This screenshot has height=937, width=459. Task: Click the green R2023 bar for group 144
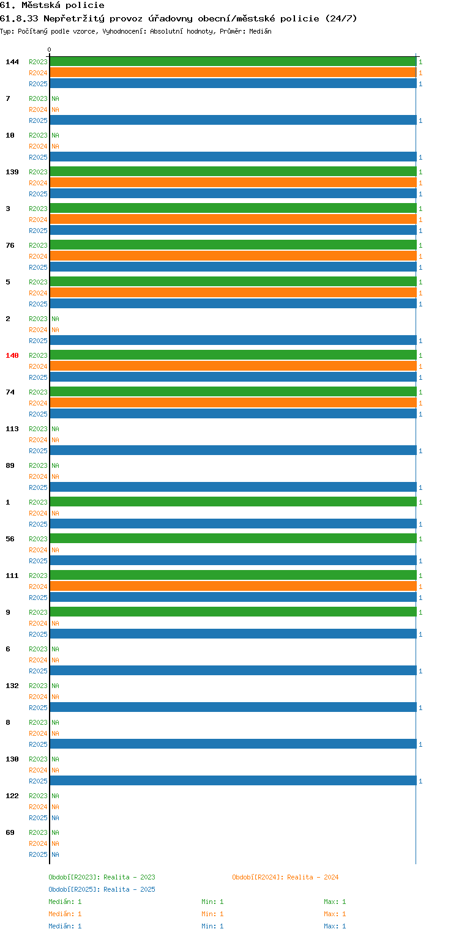[233, 62]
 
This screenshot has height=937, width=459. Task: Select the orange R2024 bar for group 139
[233, 183]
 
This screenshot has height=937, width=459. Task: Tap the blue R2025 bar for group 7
[233, 120]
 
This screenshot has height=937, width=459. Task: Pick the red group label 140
[12, 355]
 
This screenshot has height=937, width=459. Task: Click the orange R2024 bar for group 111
[233, 587]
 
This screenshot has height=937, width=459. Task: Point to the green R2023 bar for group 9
[233, 612]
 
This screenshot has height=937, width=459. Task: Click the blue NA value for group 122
[55, 818]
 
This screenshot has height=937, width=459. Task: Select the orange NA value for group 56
[55, 550]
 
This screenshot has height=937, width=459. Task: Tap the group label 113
[12, 429]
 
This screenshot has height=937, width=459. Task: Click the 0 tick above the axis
[50, 50]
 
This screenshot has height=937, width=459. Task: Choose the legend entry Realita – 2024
[285, 877]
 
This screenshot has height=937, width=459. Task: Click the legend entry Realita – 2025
[102, 889]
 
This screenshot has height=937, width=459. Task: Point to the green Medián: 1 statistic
[65, 902]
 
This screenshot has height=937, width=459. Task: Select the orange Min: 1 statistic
[212, 914]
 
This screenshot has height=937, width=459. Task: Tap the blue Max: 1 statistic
[335, 926]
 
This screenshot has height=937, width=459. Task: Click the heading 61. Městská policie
[52, 6]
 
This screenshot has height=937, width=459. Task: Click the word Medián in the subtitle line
[260, 31]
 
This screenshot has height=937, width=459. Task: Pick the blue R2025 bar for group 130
[233, 780]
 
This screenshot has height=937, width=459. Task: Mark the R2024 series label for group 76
[38, 256]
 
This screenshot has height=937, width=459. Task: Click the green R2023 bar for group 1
[233, 502]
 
